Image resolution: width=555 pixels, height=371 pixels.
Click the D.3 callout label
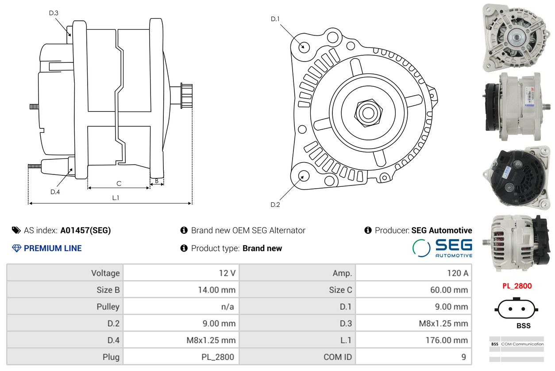(54, 13)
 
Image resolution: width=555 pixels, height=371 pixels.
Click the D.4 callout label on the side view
(55, 192)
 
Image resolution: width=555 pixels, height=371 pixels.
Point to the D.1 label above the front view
(275, 19)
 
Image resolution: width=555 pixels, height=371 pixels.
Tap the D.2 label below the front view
(275, 205)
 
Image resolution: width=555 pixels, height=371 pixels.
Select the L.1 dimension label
(116, 198)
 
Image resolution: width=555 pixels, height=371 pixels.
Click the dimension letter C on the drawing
(119, 183)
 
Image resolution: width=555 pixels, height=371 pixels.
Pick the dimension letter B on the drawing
(157, 181)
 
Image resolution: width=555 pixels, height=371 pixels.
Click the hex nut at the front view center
(367, 112)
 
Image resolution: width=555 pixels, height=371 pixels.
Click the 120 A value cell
(458, 273)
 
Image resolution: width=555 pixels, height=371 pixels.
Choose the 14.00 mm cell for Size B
(216, 290)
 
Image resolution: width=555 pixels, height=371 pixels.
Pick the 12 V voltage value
(227, 273)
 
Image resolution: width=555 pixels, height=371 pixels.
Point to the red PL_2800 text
(517, 286)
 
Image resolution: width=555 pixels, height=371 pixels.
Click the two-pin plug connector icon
(516, 308)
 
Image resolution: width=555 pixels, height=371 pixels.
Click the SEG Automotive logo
(442, 248)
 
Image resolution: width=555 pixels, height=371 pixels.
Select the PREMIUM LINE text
(52, 248)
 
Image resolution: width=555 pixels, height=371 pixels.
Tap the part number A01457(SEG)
(85, 230)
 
